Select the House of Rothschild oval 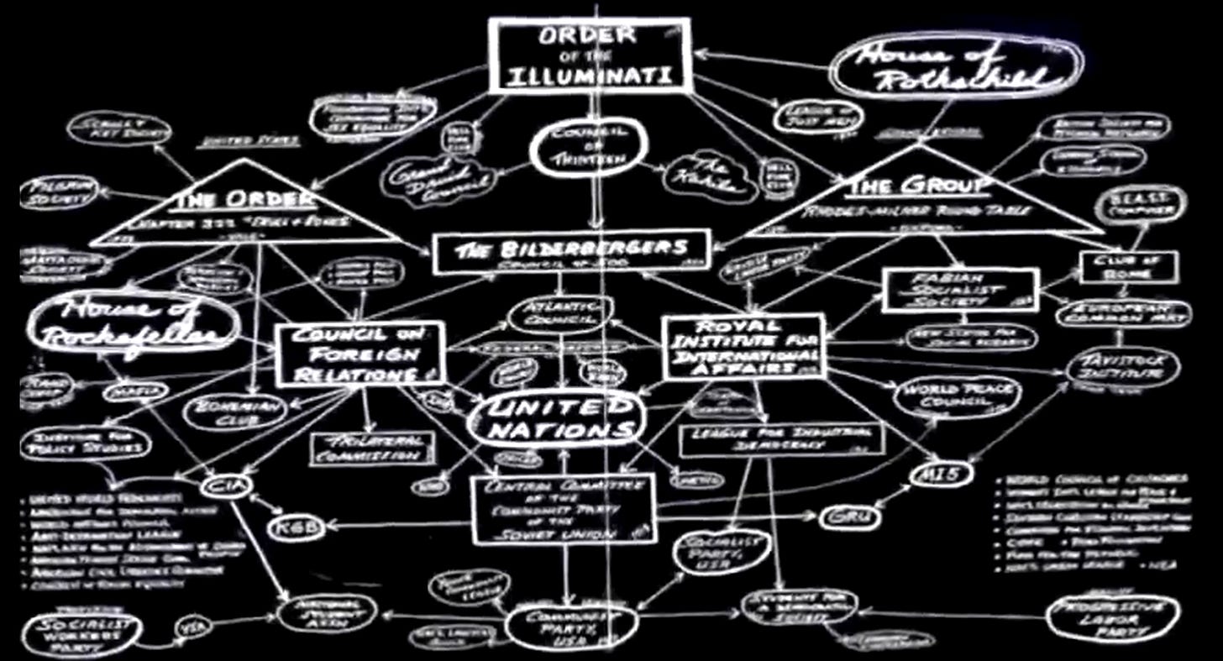pos(957,69)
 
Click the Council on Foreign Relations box pos(360,354)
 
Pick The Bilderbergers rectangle pos(571,251)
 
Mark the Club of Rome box pos(1128,266)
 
